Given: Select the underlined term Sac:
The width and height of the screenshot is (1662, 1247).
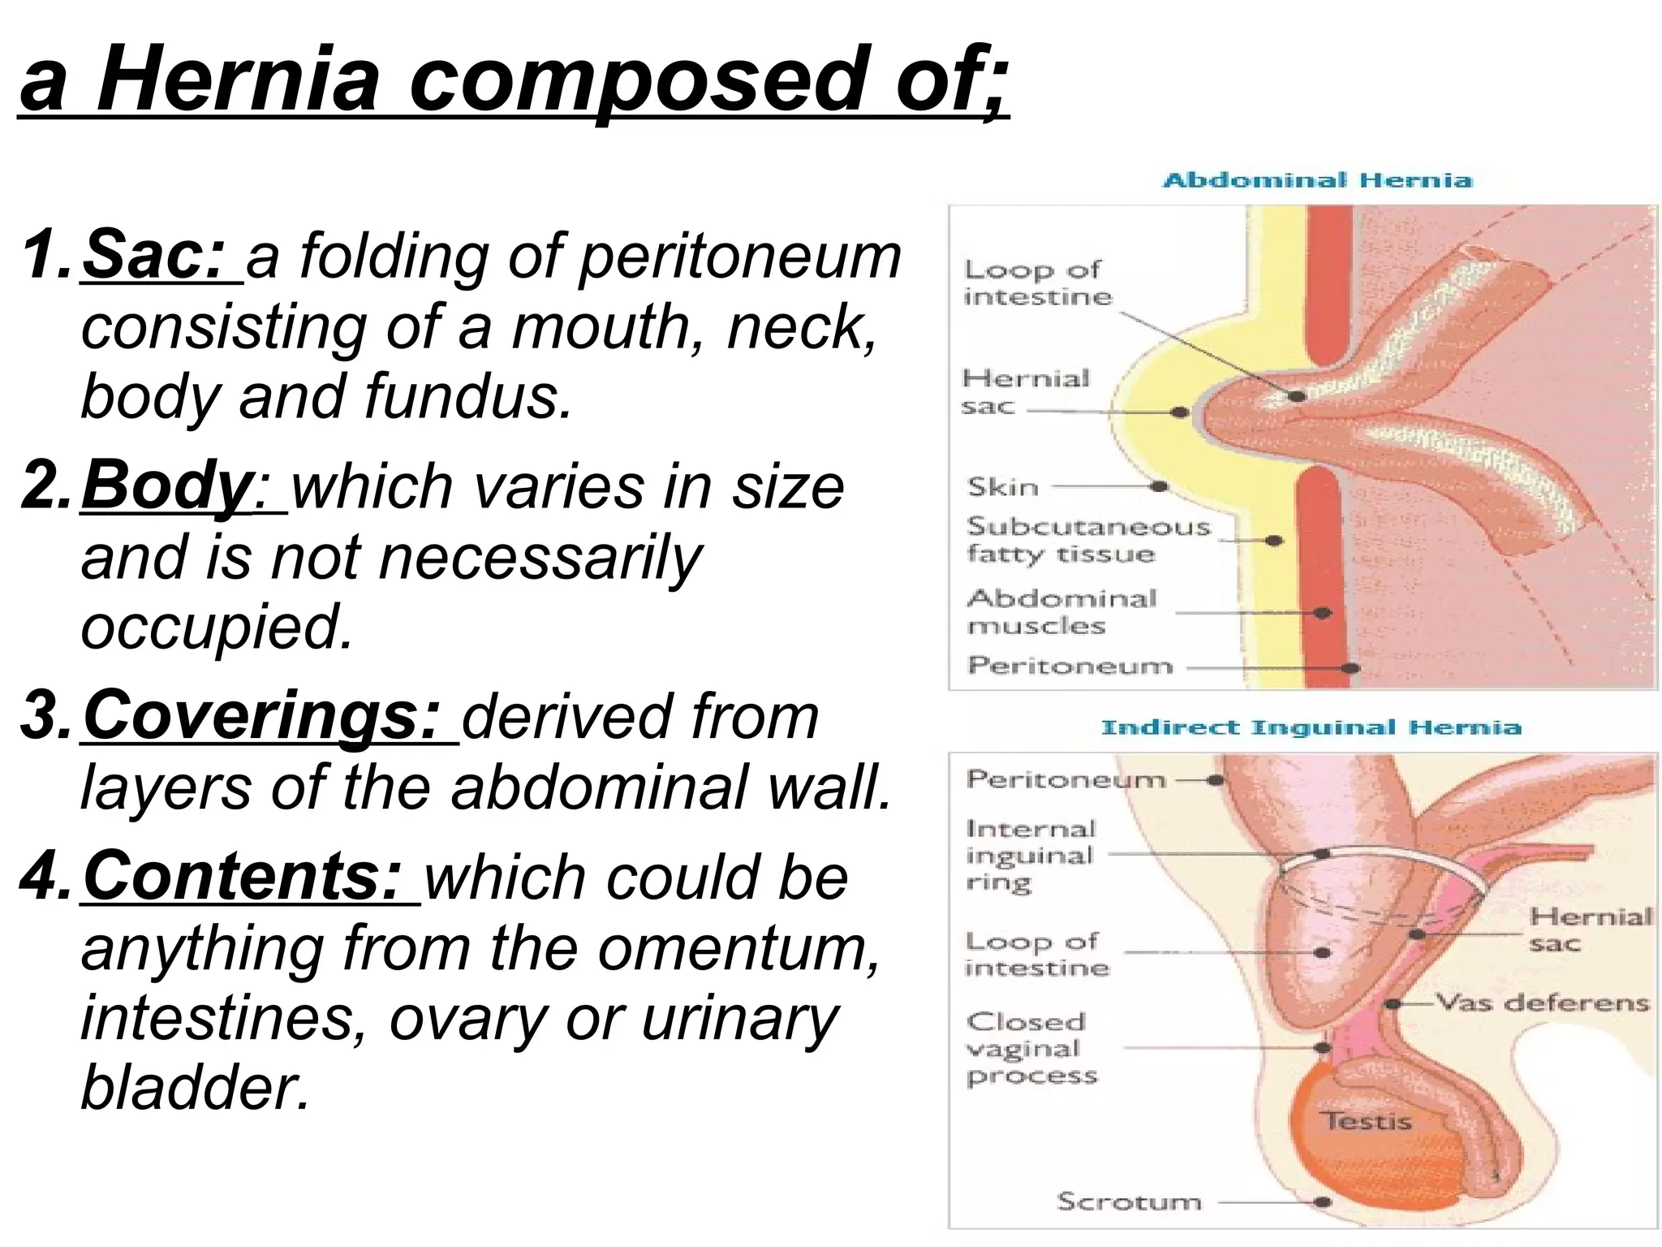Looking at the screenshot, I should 154,256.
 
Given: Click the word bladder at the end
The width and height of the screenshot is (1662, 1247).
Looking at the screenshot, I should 195,1087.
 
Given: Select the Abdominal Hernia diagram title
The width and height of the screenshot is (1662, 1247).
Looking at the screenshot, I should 1317,180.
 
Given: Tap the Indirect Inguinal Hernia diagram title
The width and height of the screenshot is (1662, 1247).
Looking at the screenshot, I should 1310,727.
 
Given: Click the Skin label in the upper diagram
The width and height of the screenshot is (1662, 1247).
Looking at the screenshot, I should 1003,487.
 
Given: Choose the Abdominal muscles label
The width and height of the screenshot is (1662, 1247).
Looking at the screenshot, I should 1061,612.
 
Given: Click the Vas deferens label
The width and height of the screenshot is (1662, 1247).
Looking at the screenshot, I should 1542,1003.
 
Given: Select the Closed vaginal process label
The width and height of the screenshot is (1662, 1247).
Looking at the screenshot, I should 1031,1048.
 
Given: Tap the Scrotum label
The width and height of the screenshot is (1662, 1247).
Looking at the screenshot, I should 1128,1202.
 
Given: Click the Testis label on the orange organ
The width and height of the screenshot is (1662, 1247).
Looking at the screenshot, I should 1367,1122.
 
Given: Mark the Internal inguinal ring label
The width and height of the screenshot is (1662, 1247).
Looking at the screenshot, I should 1029,855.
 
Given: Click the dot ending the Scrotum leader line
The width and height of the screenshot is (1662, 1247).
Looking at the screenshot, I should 1323,1202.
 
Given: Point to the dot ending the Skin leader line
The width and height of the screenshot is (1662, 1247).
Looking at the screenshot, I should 1160,487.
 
